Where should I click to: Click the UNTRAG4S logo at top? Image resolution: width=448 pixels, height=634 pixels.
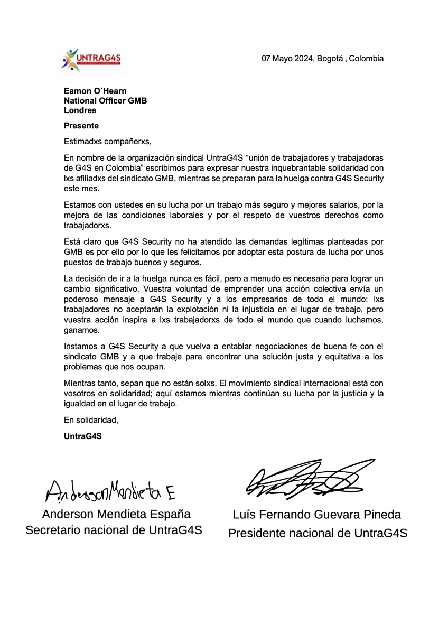[x=92, y=59]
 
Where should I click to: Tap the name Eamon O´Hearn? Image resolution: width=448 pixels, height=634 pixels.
[x=95, y=91]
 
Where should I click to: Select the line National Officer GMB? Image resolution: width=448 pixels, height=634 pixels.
[x=105, y=100]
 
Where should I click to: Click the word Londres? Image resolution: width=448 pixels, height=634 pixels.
[x=80, y=110]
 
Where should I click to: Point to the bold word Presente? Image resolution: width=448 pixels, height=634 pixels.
[x=81, y=126]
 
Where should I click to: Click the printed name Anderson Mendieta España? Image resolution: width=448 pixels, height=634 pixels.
[x=116, y=514]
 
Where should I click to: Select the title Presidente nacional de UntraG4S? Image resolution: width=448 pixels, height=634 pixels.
[x=318, y=534]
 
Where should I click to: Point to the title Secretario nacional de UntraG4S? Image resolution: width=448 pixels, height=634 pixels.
[x=114, y=530]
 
